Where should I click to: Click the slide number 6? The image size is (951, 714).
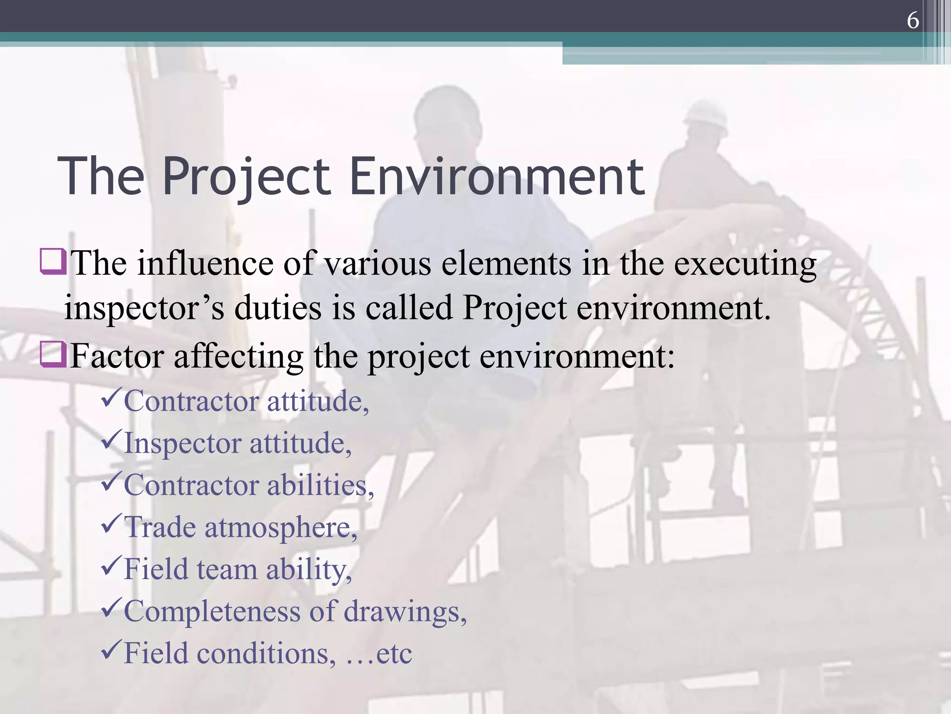(x=912, y=20)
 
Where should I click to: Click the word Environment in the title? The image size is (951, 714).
(x=496, y=177)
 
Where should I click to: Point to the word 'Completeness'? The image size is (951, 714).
(x=212, y=611)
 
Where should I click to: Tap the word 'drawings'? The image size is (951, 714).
(x=404, y=612)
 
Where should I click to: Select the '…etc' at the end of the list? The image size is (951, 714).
(x=378, y=654)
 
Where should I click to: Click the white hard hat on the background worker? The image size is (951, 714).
(x=706, y=114)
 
